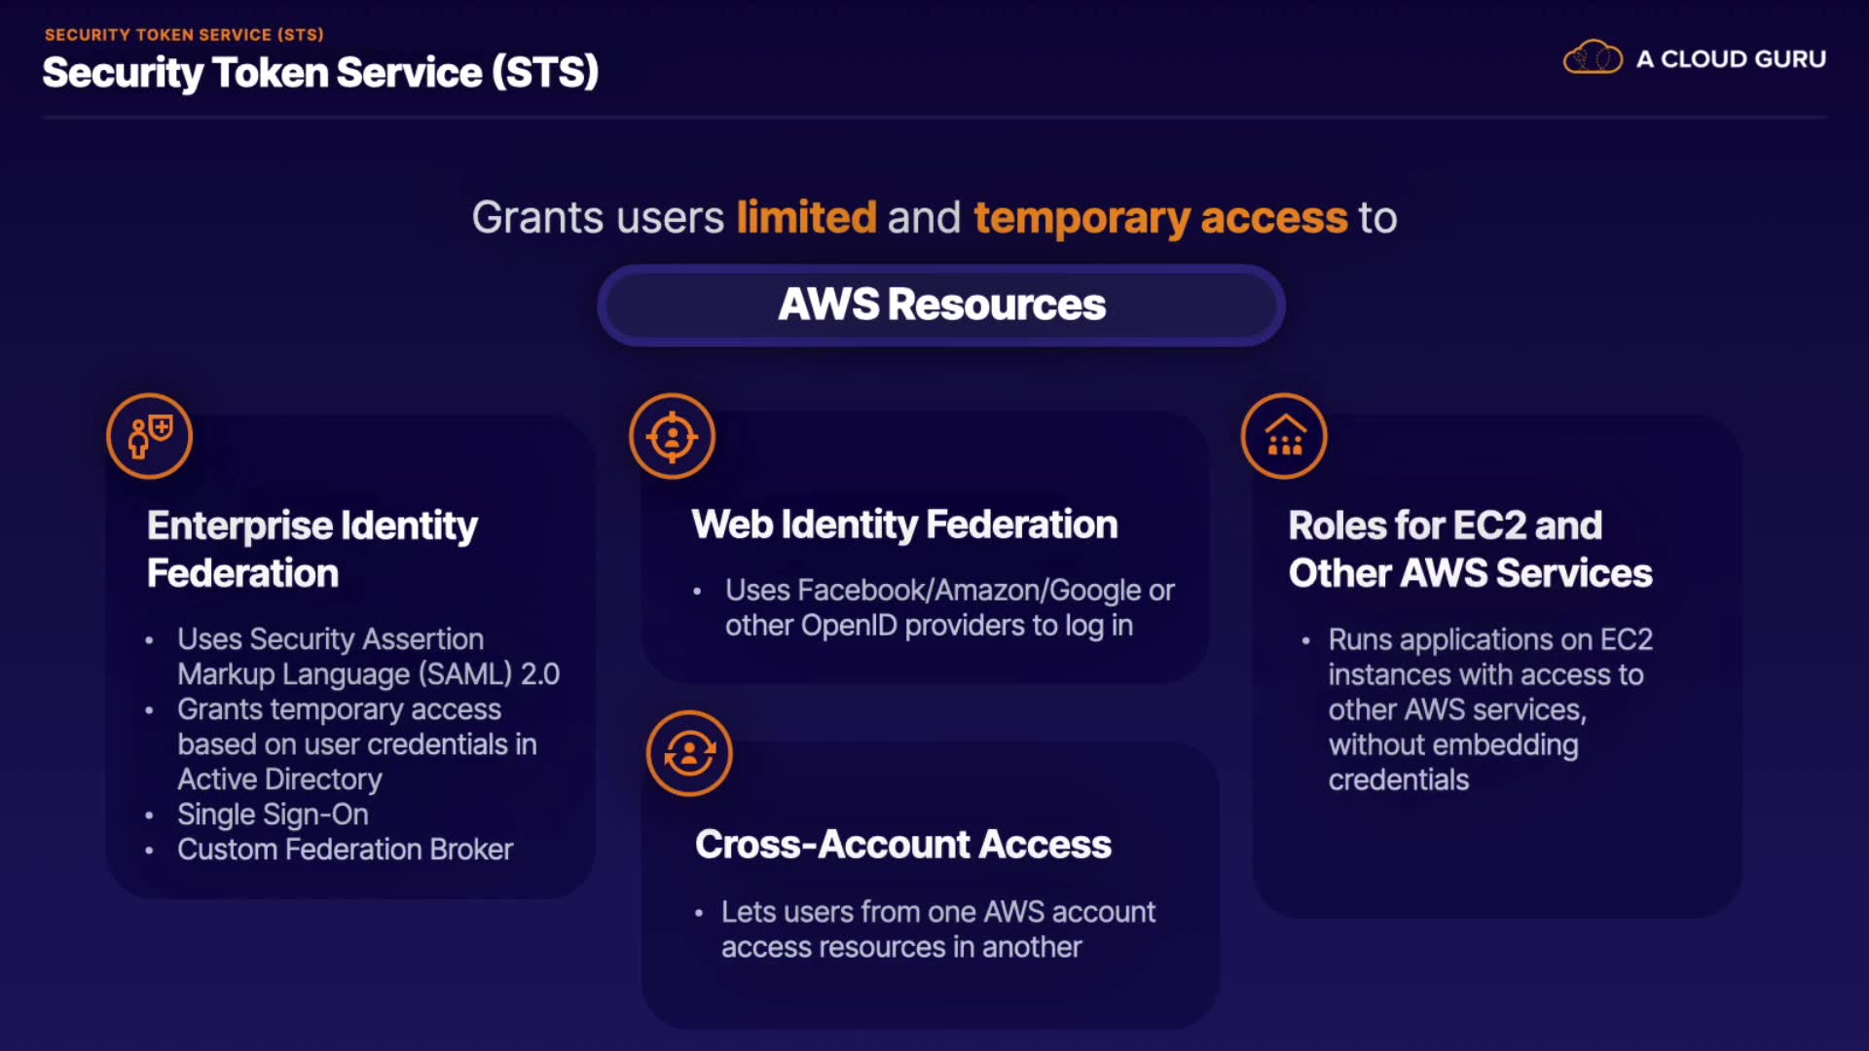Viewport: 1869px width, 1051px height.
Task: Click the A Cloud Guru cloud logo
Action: [1593, 58]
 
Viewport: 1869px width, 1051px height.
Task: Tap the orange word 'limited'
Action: [806, 217]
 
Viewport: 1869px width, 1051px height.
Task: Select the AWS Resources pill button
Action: [941, 305]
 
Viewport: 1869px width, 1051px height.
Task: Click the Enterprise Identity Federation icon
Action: [149, 436]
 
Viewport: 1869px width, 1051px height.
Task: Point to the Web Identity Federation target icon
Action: [672, 436]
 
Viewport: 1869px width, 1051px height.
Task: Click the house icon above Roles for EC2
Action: [1284, 436]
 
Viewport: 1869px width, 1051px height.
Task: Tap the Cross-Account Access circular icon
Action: [689, 753]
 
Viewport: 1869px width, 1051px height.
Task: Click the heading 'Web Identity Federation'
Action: [904, 525]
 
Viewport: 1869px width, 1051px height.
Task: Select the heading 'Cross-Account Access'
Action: [903, 845]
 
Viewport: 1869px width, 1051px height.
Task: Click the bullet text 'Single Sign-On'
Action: [273, 815]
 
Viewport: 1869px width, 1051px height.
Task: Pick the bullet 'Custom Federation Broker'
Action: [345, 850]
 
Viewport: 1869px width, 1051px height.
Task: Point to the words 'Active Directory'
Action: [279, 779]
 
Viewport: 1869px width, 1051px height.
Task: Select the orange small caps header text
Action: [184, 35]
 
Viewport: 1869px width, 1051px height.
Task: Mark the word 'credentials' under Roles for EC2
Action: [1398, 780]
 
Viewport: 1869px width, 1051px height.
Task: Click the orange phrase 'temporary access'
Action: [1160, 217]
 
